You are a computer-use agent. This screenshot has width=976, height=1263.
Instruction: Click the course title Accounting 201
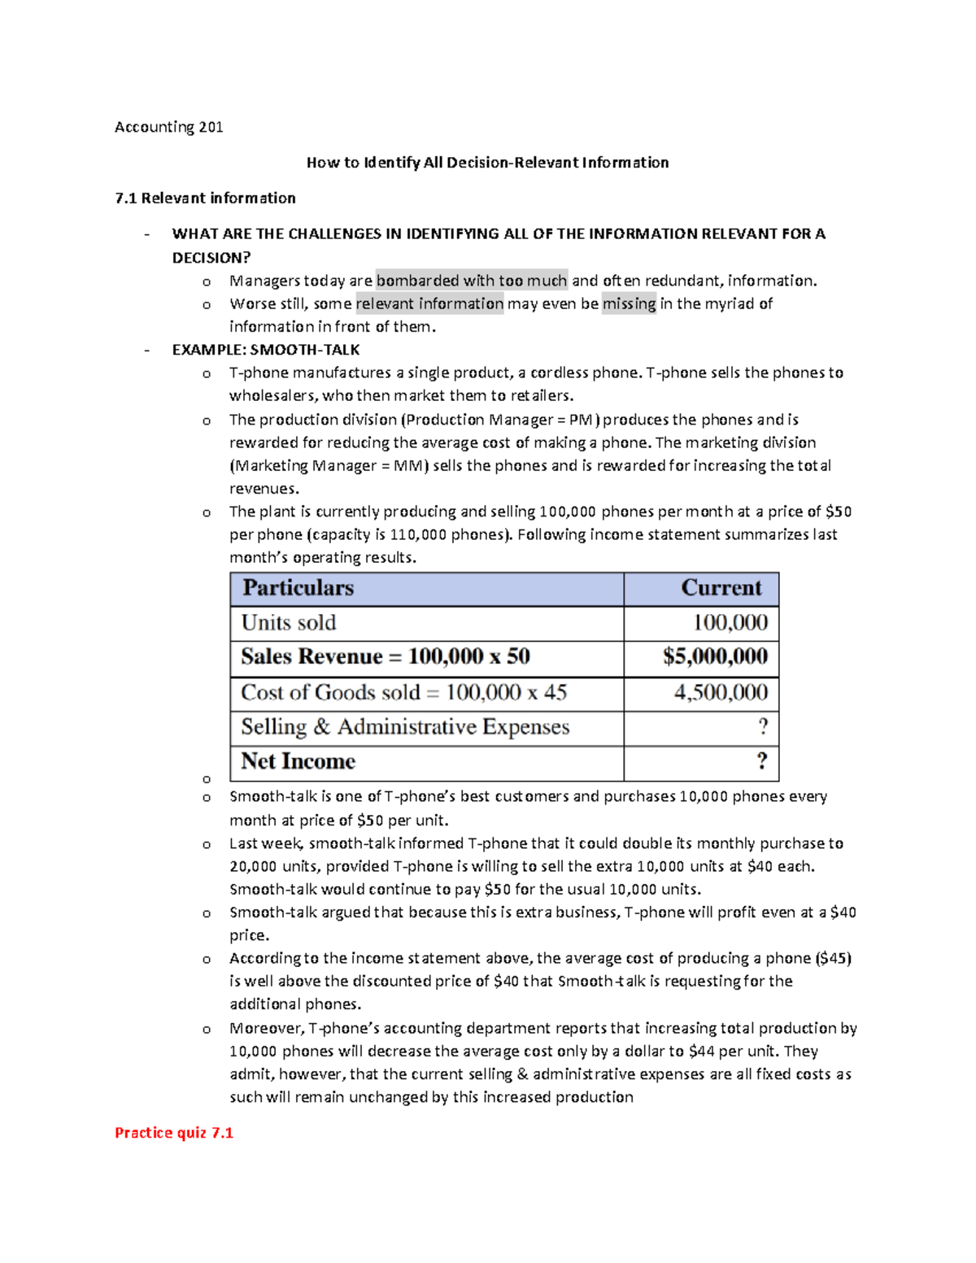coord(168,127)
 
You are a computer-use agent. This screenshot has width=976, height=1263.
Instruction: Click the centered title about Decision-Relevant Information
coord(487,163)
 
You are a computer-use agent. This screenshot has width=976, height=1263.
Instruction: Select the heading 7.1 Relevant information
coord(205,198)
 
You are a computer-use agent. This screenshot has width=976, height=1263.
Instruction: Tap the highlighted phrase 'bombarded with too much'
coord(471,281)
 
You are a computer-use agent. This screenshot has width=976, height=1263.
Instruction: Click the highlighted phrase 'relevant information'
coord(429,303)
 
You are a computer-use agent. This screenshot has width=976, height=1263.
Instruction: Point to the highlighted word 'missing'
coord(629,303)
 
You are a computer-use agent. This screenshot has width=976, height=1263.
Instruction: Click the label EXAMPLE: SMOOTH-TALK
coord(265,350)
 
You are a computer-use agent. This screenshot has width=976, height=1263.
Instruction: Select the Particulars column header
coord(298,588)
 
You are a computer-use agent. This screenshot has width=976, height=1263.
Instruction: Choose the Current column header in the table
coord(721,588)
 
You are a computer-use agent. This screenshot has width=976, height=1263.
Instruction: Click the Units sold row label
coord(289,623)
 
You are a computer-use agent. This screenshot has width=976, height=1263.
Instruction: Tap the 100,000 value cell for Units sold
coord(730,623)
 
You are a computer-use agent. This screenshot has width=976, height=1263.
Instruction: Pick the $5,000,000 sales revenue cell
coord(715,657)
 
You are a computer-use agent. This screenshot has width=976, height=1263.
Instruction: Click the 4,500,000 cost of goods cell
coord(721,693)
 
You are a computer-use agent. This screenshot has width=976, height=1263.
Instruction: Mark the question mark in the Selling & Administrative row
coord(762,726)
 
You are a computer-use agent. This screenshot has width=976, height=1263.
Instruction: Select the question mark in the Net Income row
coord(762,761)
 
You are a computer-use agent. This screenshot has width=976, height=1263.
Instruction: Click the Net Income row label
coord(298,761)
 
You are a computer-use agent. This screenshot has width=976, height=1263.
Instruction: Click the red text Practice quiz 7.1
coord(174,1133)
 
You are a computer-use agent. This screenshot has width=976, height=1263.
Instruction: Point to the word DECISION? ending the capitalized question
coord(211,258)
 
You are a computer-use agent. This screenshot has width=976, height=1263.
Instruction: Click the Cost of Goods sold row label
coord(403,693)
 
